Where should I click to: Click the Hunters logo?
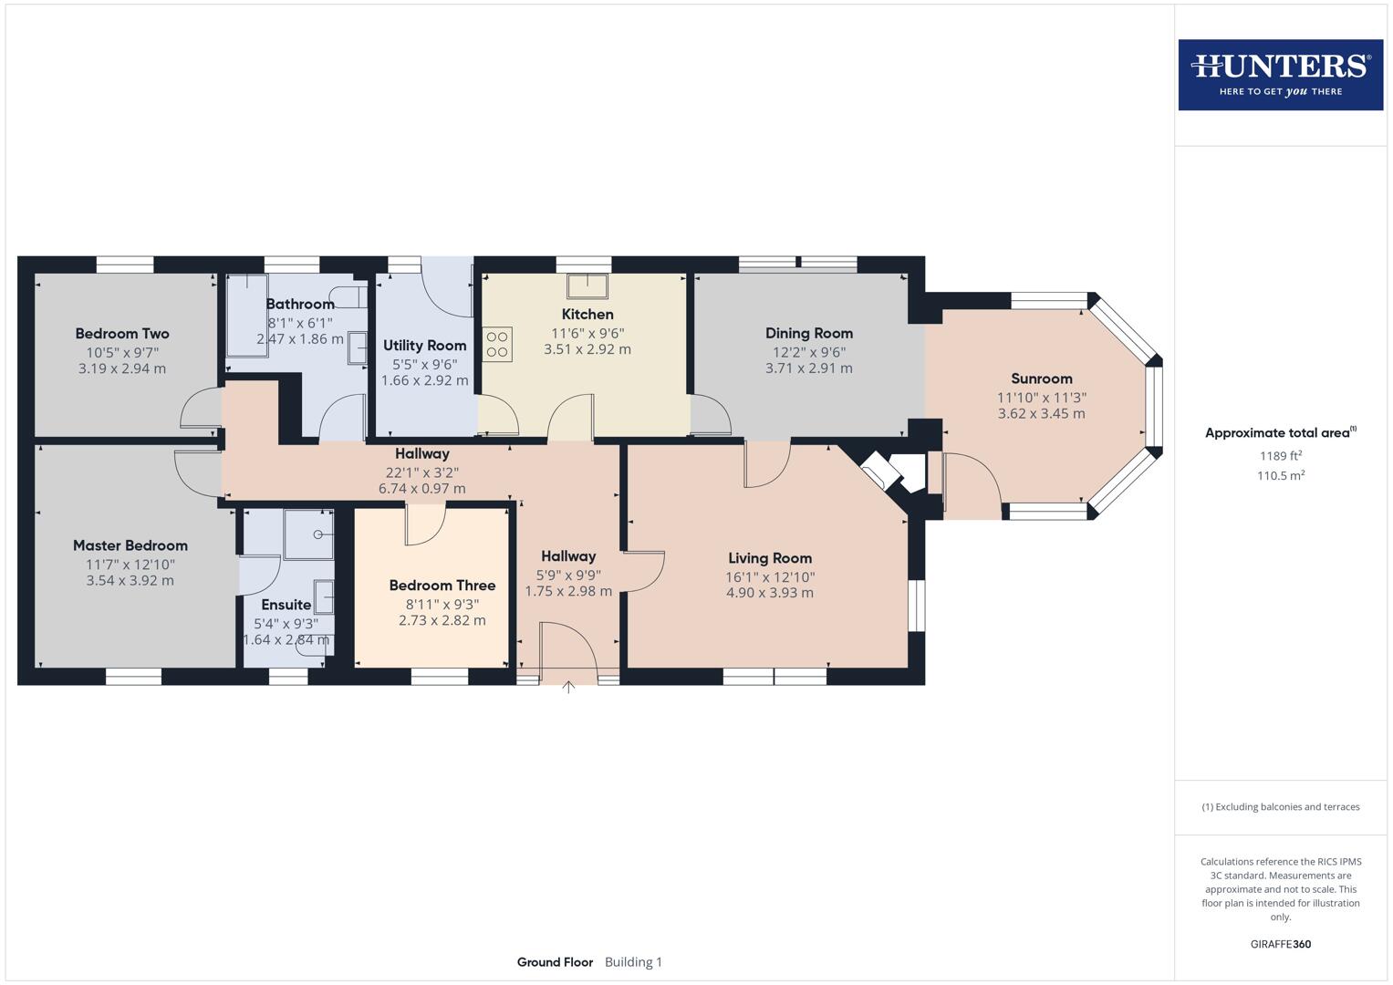(x=1280, y=74)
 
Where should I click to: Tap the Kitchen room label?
(x=587, y=315)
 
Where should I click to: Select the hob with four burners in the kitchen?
(x=498, y=344)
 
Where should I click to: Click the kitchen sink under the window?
(x=587, y=285)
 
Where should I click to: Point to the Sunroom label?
(x=1041, y=378)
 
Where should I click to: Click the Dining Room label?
(x=808, y=334)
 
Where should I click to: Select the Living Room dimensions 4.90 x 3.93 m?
(x=769, y=593)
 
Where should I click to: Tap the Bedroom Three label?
(x=442, y=586)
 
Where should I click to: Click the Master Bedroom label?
(x=130, y=545)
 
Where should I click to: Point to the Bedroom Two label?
(x=122, y=334)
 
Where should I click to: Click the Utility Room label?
(x=424, y=346)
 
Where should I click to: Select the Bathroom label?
(x=300, y=304)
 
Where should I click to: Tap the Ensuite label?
(x=286, y=605)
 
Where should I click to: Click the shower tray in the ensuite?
(x=308, y=534)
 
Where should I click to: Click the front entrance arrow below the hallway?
(x=568, y=688)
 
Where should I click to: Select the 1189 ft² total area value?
(x=1280, y=456)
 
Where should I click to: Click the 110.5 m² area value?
(x=1280, y=475)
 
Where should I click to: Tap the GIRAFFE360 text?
(x=1280, y=944)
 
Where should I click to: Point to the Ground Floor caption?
(x=555, y=962)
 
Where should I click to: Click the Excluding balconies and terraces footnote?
(x=1280, y=807)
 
